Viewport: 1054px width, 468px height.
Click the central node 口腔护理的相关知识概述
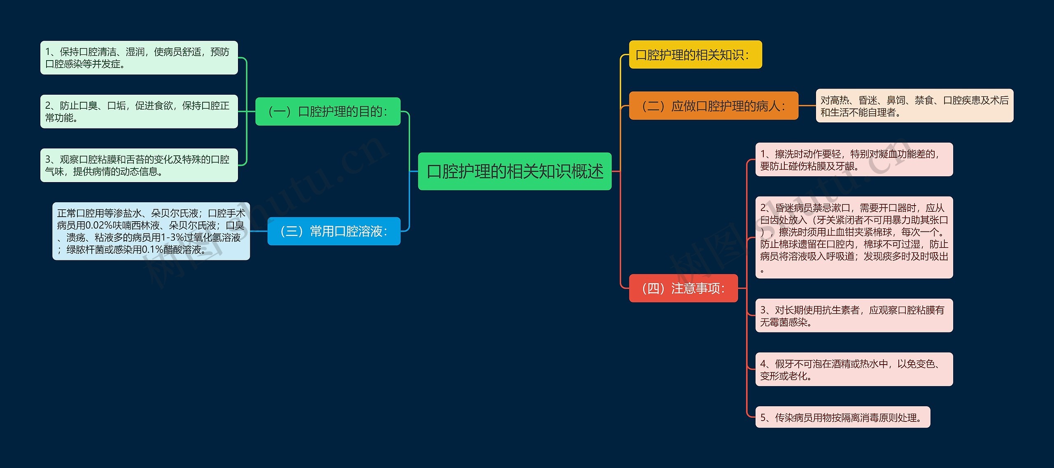[x=515, y=171]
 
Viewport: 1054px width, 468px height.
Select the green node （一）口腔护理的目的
[x=328, y=111]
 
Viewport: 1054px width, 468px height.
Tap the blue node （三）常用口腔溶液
[x=334, y=231]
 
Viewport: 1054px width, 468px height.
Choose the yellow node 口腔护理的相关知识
[x=695, y=54]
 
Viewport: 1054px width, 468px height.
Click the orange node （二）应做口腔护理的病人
[x=714, y=106]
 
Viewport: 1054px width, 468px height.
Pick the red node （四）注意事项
[x=683, y=288]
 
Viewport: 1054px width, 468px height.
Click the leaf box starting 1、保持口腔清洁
[x=139, y=58]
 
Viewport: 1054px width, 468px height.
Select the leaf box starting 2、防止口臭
[x=139, y=112]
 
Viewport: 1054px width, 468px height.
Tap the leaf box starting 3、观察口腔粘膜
[x=139, y=165]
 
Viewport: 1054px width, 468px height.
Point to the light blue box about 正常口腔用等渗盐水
[x=151, y=231]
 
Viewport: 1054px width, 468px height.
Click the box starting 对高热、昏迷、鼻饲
[x=915, y=106]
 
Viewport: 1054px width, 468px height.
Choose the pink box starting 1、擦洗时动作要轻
[x=854, y=159]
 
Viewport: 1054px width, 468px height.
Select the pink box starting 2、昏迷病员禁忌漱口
[x=854, y=237]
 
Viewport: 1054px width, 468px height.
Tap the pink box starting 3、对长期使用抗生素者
[x=854, y=316]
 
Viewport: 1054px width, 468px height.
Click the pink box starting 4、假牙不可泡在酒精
[x=854, y=369]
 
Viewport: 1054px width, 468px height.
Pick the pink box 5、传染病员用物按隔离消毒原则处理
[x=843, y=417]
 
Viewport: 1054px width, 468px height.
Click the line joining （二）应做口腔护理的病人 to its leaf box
[x=807, y=106]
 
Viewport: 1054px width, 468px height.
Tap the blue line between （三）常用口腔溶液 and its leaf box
[x=259, y=231]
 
